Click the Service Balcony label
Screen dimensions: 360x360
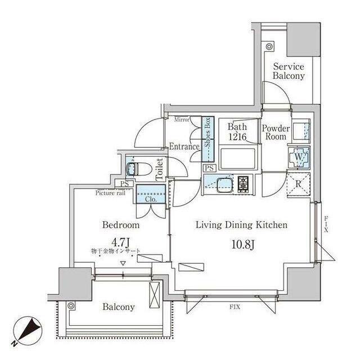tap(289, 70)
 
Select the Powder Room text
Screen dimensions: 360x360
tap(276, 132)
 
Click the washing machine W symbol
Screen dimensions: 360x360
tap(299, 158)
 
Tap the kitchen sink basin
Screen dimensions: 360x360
tap(220, 183)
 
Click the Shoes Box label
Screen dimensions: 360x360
tap(207, 132)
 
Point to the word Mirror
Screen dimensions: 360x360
tap(181, 119)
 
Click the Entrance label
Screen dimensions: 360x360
tap(184, 147)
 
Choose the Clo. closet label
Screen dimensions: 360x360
tap(150, 199)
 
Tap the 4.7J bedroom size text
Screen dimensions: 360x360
tap(120, 243)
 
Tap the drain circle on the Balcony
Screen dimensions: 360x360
tap(71, 305)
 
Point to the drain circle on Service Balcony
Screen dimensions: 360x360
tap(269, 46)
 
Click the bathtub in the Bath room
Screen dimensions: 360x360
tap(238, 158)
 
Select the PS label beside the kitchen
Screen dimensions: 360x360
tap(209, 168)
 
